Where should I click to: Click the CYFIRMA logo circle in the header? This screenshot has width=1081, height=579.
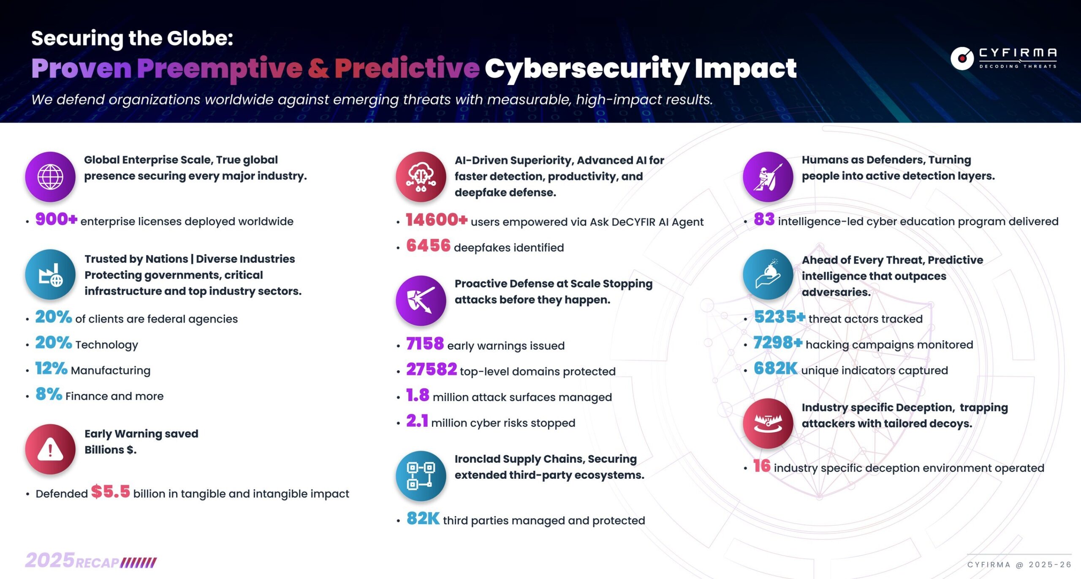point(962,58)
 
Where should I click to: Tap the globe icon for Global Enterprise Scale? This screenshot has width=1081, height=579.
point(50,177)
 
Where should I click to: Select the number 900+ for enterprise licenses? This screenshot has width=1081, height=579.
point(56,219)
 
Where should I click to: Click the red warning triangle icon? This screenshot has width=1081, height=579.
point(50,449)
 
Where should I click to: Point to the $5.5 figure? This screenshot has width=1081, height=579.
point(110,492)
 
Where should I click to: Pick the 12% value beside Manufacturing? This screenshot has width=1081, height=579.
point(51,369)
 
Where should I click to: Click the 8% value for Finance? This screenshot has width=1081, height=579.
point(49,394)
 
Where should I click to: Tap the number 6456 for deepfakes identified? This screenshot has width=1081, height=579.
point(428,246)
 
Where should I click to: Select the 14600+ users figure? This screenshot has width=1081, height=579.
point(436,220)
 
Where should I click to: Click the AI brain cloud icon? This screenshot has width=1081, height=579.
point(421,177)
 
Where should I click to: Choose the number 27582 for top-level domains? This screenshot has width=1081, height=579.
point(431,370)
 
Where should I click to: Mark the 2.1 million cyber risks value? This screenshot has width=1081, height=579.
point(417,421)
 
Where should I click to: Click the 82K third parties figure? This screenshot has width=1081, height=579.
point(423,519)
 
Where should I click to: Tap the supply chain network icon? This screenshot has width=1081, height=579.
point(421,476)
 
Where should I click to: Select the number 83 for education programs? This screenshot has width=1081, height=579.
point(764,219)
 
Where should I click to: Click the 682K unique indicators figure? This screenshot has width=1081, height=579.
point(775,369)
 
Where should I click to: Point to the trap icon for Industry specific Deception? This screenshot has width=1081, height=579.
point(768,423)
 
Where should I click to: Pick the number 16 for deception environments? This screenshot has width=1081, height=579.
point(762,466)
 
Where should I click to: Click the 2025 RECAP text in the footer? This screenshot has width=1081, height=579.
point(91,561)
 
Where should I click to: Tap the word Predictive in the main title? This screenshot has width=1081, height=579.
point(407,68)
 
